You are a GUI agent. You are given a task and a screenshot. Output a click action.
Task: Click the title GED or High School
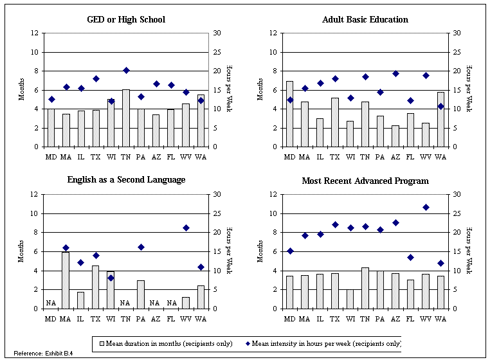[126, 19]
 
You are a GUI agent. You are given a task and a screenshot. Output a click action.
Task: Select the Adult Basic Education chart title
[365, 19]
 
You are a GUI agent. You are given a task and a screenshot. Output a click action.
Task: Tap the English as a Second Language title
[126, 179]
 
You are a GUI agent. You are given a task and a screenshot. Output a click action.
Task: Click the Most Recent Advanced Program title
[365, 181]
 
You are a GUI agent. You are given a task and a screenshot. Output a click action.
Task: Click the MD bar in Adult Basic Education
[289, 114]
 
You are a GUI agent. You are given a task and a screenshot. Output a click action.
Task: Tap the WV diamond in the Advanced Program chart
[425, 207]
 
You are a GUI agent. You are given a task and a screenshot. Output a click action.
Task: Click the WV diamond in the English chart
[186, 228]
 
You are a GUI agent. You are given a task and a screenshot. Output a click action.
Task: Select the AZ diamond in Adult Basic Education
[395, 73]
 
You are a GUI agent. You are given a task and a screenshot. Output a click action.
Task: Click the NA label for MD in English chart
[51, 302]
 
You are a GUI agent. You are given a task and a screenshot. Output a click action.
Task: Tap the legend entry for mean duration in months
[163, 343]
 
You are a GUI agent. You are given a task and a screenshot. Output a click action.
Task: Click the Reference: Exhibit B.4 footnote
[43, 354]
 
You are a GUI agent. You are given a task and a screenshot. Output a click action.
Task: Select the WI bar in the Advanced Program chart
[350, 299]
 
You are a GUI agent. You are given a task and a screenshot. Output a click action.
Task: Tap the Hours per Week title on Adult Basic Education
[468, 89]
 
